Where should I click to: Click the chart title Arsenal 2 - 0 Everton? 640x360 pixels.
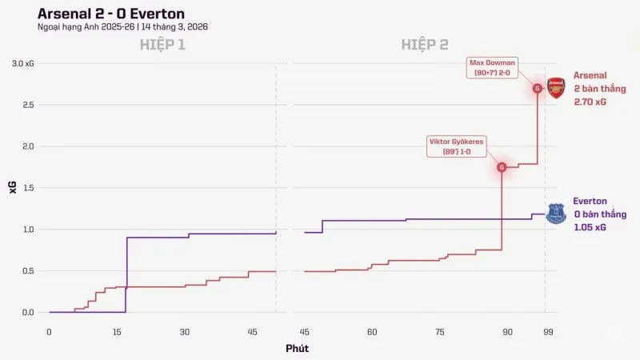(111, 14)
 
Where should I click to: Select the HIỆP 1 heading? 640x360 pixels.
(163, 45)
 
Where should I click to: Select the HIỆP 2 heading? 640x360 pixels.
(424, 45)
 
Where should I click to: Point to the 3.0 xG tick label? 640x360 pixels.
(22, 63)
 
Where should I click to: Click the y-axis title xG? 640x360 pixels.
(12, 188)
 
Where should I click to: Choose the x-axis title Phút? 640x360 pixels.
(297, 348)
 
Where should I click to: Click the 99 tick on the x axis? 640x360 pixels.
(547, 332)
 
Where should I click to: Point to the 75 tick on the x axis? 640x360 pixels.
(439, 332)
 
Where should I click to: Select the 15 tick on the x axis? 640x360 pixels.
(117, 332)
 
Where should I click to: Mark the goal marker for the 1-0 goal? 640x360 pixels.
(502, 167)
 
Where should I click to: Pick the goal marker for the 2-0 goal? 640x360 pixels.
(538, 88)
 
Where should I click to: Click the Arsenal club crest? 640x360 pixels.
(556, 88)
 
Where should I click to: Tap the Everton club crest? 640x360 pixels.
(556, 214)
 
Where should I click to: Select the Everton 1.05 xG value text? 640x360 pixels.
(589, 227)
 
